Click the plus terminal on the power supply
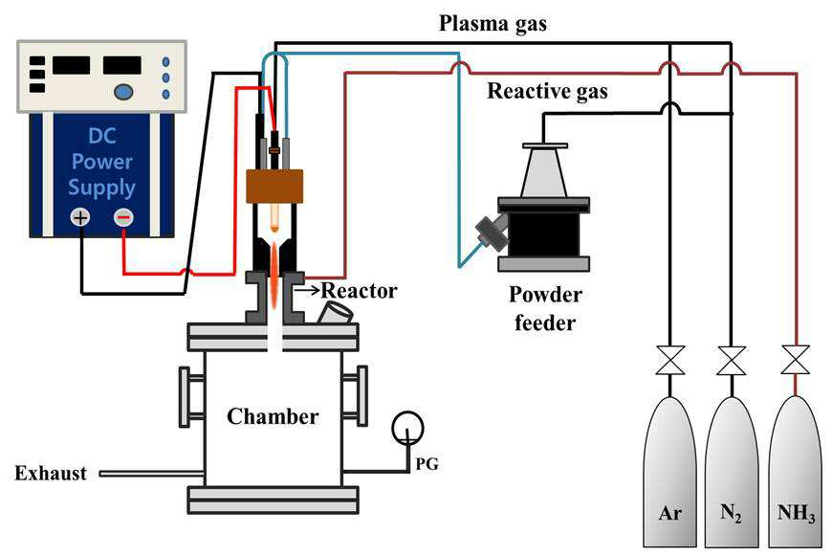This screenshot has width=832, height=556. coord(80,217)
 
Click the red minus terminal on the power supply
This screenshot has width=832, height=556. coord(123,217)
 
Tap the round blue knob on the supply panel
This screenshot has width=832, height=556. coord(123,91)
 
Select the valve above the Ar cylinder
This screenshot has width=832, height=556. coord(670,361)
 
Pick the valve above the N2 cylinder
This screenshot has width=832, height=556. coord(732,361)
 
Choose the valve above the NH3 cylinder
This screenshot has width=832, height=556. coord(796,361)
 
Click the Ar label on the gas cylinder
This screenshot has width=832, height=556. coord(669,513)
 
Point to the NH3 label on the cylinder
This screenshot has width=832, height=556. coord(796,514)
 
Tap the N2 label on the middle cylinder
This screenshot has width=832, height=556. coord(732,514)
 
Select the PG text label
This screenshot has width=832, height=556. coord(427,464)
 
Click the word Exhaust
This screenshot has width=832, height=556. coord(51,473)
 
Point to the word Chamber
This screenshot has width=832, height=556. coord(273,416)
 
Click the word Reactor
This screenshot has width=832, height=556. coord(360,291)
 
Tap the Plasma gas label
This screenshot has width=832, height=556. coord(493,24)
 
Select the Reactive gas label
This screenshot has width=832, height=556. coord(548,91)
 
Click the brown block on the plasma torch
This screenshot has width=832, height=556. coord(274,187)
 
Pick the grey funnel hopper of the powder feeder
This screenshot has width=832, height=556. coord(545,170)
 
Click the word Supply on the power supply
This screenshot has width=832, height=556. coord(102,188)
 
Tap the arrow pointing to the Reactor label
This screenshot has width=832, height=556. coord(307,291)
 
